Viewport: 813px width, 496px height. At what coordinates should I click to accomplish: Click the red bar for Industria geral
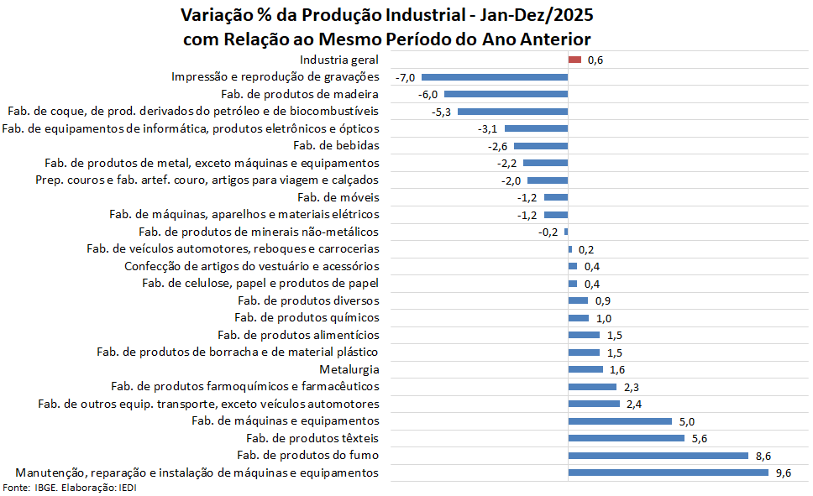(x=574, y=60)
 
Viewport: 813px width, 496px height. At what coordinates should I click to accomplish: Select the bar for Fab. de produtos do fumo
(x=658, y=456)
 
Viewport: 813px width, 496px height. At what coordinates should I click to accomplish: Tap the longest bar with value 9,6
(x=668, y=473)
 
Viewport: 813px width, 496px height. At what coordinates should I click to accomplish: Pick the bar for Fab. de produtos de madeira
(x=506, y=94)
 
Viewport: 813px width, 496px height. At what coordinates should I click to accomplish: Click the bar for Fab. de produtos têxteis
(x=627, y=438)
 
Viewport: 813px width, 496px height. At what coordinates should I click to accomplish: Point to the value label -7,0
(x=406, y=77)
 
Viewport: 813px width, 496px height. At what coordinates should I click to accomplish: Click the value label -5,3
(x=442, y=112)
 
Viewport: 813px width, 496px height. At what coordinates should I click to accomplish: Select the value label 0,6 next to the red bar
(x=595, y=60)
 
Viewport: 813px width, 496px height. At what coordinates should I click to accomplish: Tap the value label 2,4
(x=634, y=404)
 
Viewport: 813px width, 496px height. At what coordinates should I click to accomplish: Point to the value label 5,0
(x=686, y=421)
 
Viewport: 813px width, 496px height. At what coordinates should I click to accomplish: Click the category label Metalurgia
(x=349, y=369)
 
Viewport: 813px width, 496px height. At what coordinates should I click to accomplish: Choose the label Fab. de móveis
(x=338, y=197)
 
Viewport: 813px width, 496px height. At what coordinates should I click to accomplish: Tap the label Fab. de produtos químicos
(x=307, y=317)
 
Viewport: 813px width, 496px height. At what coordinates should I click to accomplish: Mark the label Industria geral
(x=339, y=60)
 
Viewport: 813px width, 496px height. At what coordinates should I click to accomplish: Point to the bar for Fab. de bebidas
(x=541, y=146)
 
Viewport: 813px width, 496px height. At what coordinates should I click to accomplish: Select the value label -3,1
(x=488, y=128)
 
